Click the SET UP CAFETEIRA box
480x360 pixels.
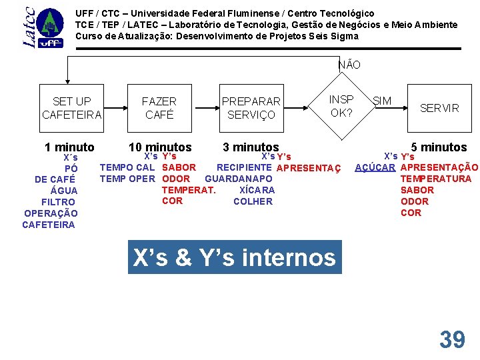[x=72, y=108]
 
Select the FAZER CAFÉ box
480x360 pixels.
[x=159, y=108]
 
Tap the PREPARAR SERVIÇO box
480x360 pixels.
[x=251, y=108]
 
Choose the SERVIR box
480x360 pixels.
[x=439, y=108]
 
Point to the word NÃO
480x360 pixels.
[x=349, y=65]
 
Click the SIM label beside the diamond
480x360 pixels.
[x=382, y=101]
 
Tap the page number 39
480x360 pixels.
[x=452, y=340]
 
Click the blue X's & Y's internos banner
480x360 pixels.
[x=235, y=257]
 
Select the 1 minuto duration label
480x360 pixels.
[x=69, y=147]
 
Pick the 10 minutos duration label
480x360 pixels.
[x=160, y=147]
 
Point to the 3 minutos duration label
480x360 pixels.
[x=251, y=147]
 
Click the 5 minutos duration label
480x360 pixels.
[x=439, y=147]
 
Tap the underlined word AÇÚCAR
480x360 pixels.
[x=375, y=167]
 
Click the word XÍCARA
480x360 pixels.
[x=257, y=190]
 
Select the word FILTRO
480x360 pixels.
[x=58, y=202]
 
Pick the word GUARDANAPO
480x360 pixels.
[x=239, y=179]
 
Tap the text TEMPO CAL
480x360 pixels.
[x=127, y=167]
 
